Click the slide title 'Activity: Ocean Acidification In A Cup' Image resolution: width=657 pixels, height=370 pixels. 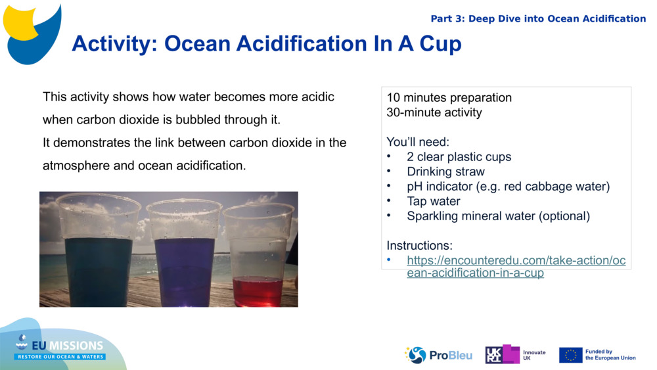pyautogui.click(x=266, y=44)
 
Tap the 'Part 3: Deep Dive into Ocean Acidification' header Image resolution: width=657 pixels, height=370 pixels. pyautogui.click(x=538, y=18)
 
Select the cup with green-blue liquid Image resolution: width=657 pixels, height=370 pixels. pyautogui.click(x=99, y=253)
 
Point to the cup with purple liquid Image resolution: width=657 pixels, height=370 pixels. pyautogui.click(x=185, y=253)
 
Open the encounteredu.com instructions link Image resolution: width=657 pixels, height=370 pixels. pyautogui.click(x=515, y=266)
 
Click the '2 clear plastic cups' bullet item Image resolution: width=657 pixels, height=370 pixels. pyautogui.click(x=459, y=157)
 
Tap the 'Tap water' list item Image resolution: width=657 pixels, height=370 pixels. pyautogui.click(x=433, y=201)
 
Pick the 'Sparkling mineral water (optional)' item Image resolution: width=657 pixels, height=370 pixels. pyautogui.click(x=498, y=216)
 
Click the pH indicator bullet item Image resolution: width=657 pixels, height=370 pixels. pyautogui.click(x=508, y=187)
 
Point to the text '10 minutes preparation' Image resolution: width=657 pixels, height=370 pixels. pyautogui.click(x=449, y=98)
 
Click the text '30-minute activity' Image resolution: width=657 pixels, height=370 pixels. pyautogui.click(x=434, y=112)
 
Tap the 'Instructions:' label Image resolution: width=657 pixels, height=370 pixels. pyautogui.click(x=419, y=246)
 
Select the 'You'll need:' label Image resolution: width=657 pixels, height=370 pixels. pyautogui.click(x=417, y=142)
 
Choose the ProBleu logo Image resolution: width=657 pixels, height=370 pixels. pyautogui.click(x=438, y=355)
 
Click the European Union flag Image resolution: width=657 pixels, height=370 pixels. pyautogui.click(x=570, y=355)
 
